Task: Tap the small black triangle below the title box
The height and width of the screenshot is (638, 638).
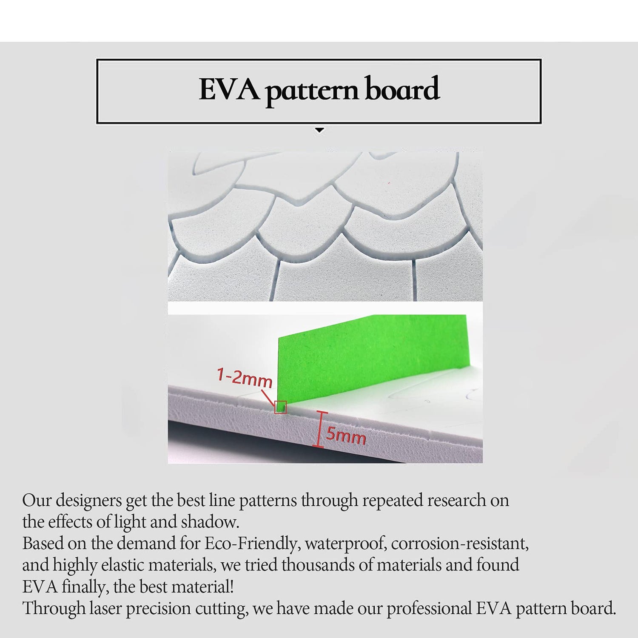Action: click(319, 131)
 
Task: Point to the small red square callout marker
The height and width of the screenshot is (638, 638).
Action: click(281, 407)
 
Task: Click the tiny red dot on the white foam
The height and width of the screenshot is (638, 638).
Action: click(389, 183)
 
